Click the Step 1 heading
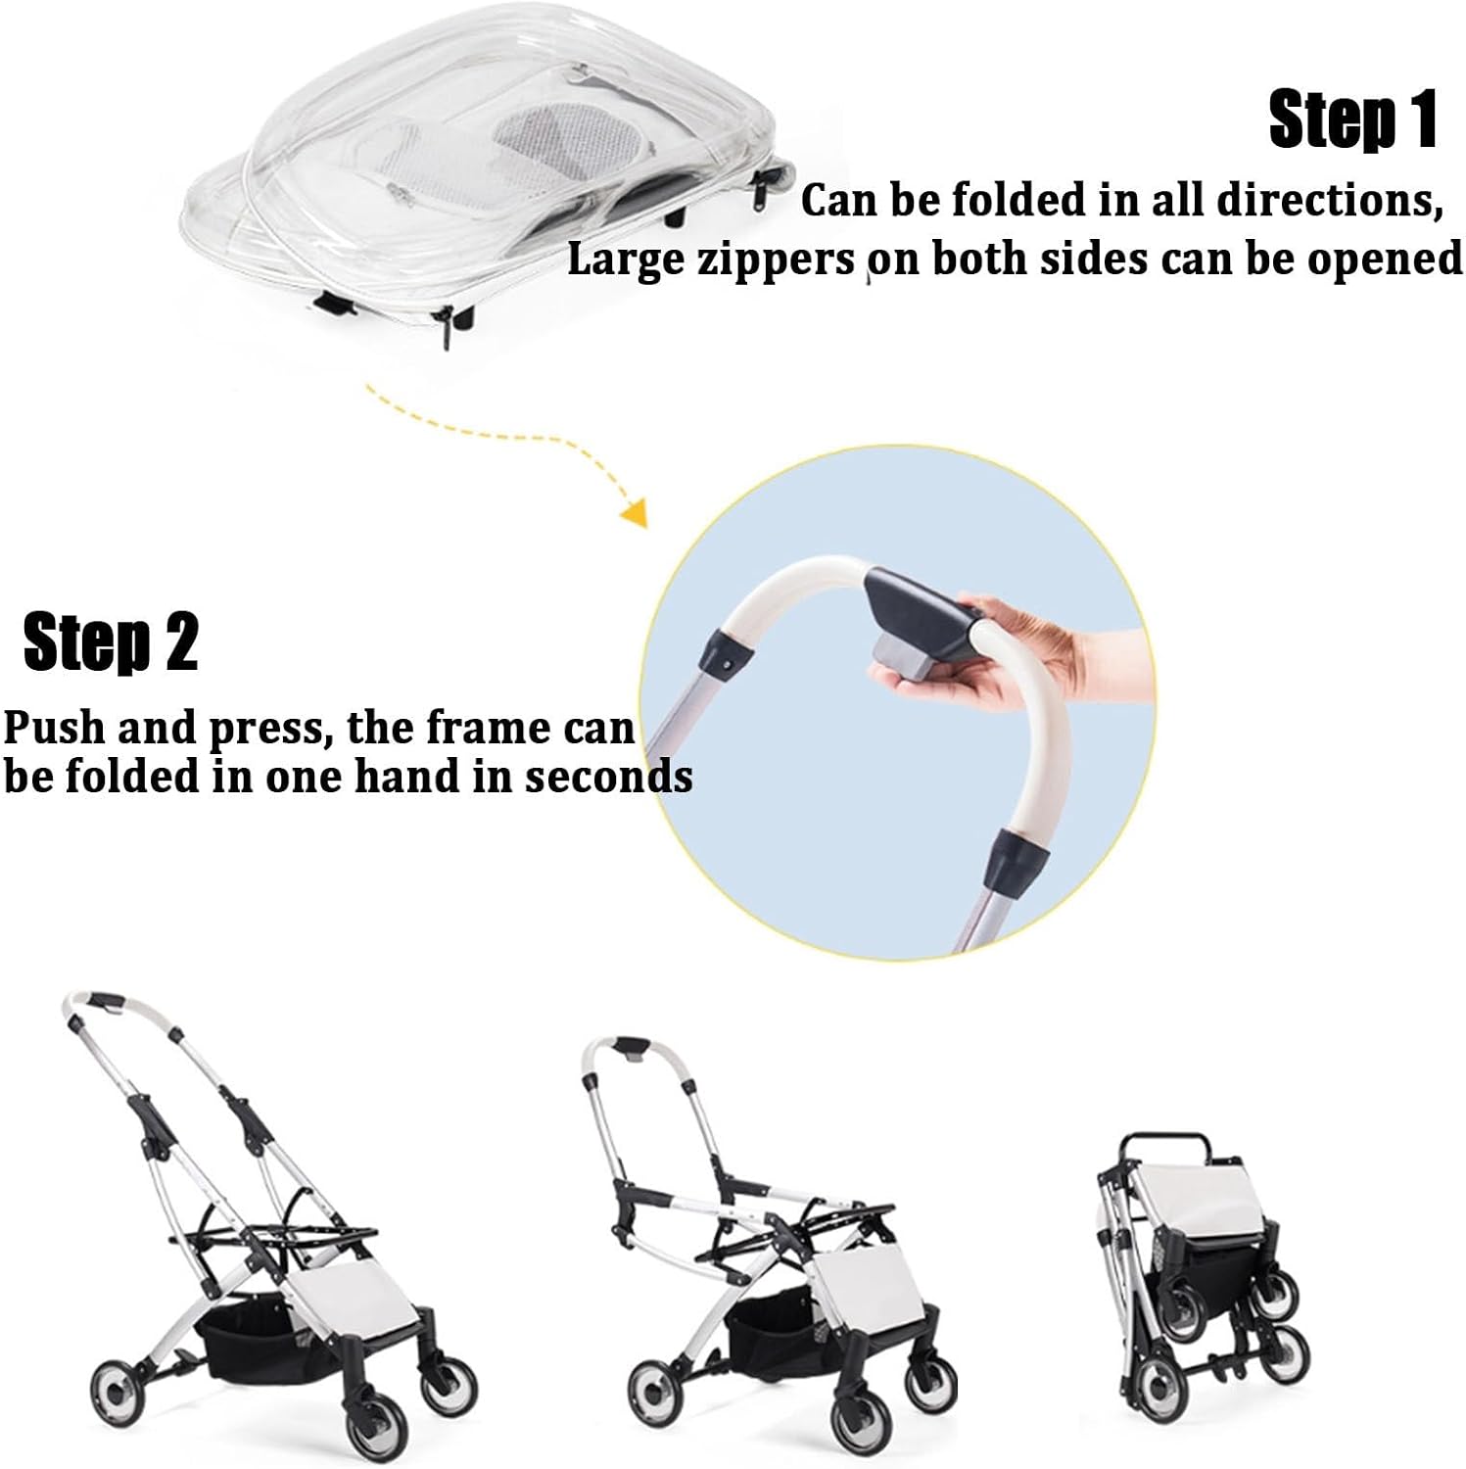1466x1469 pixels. (1352, 119)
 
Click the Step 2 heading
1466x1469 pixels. (111, 642)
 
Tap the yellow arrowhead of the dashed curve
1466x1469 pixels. (637, 513)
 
